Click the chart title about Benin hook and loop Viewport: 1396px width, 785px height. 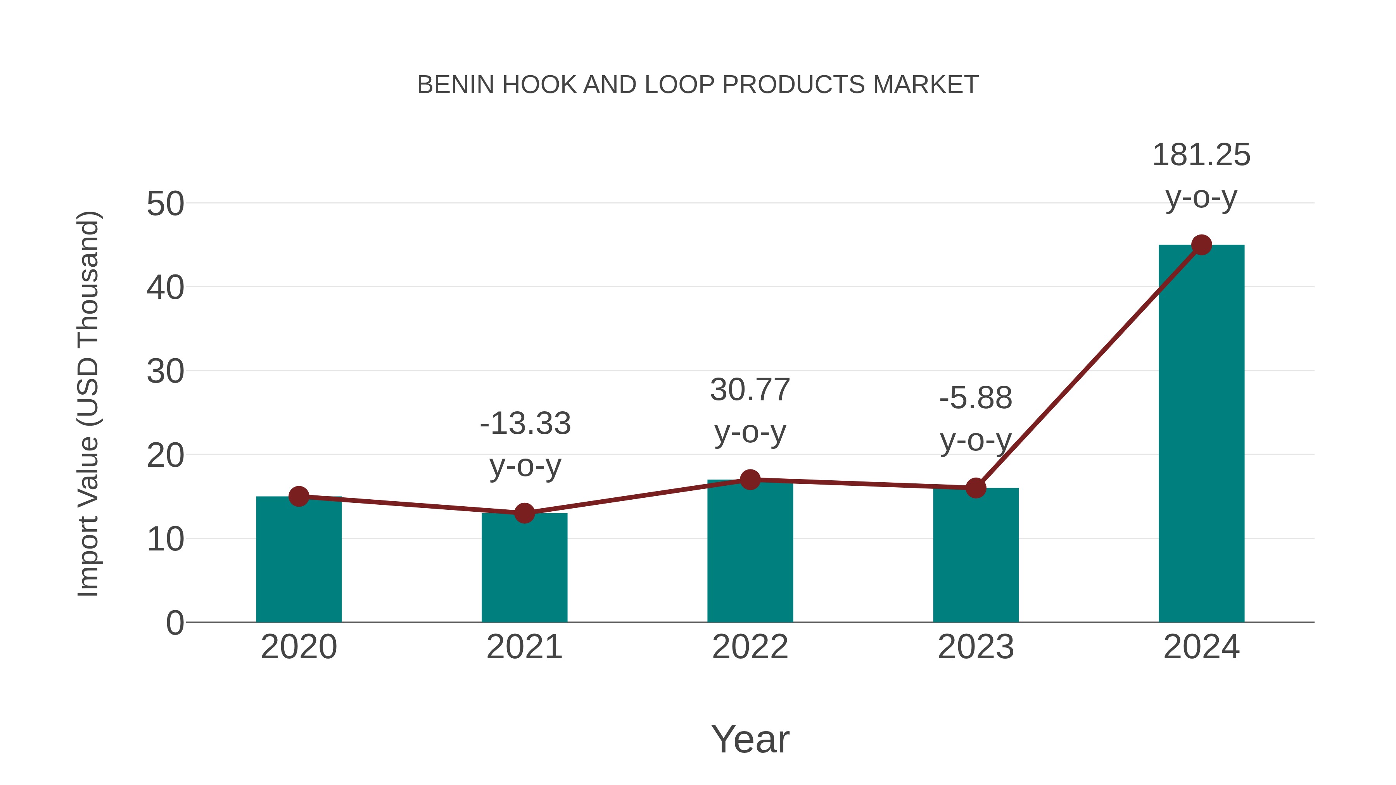click(x=698, y=85)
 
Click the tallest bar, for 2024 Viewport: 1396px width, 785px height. click(x=1201, y=433)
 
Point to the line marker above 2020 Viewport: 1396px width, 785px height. click(x=299, y=496)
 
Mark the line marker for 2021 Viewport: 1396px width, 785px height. click(x=524, y=513)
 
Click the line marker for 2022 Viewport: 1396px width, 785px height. click(x=750, y=480)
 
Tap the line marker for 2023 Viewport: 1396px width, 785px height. click(x=976, y=488)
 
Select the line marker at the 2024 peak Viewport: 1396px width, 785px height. click(x=1201, y=245)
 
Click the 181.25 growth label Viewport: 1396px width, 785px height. click(x=1201, y=155)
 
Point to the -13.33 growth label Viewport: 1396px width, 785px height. click(x=525, y=424)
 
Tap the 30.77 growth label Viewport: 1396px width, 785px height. click(x=750, y=390)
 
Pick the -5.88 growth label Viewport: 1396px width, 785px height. click(x=976, y=398)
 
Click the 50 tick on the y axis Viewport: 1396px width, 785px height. click(x=165, y=205)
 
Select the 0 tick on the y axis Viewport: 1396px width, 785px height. click(x=174, y=623)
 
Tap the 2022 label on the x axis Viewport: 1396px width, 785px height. click(x=750, y=647)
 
